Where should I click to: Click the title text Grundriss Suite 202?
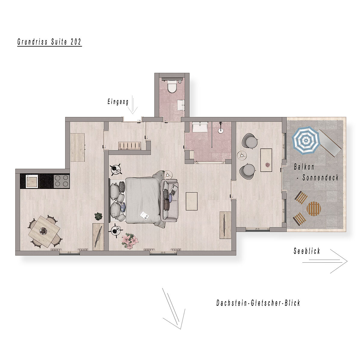pos(49,42)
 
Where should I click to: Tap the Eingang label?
pos(118,102)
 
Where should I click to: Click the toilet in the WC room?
pos(172,87)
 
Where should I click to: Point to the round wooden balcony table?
pos(313,208)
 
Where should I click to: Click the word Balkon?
pos(304,167)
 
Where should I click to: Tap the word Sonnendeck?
pos(320,177)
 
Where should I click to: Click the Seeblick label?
pos(307,251)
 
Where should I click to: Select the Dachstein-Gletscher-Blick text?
pos(258,303)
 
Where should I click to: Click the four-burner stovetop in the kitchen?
pos(62,181)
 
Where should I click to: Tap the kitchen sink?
pos(32,181)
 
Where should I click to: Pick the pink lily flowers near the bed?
pos(130,241)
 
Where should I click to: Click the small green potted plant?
pos(98,216)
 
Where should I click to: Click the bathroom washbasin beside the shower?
pos(200,127)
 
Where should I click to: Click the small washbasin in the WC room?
pos(181,105)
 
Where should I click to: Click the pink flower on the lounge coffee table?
pos(267,165)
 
